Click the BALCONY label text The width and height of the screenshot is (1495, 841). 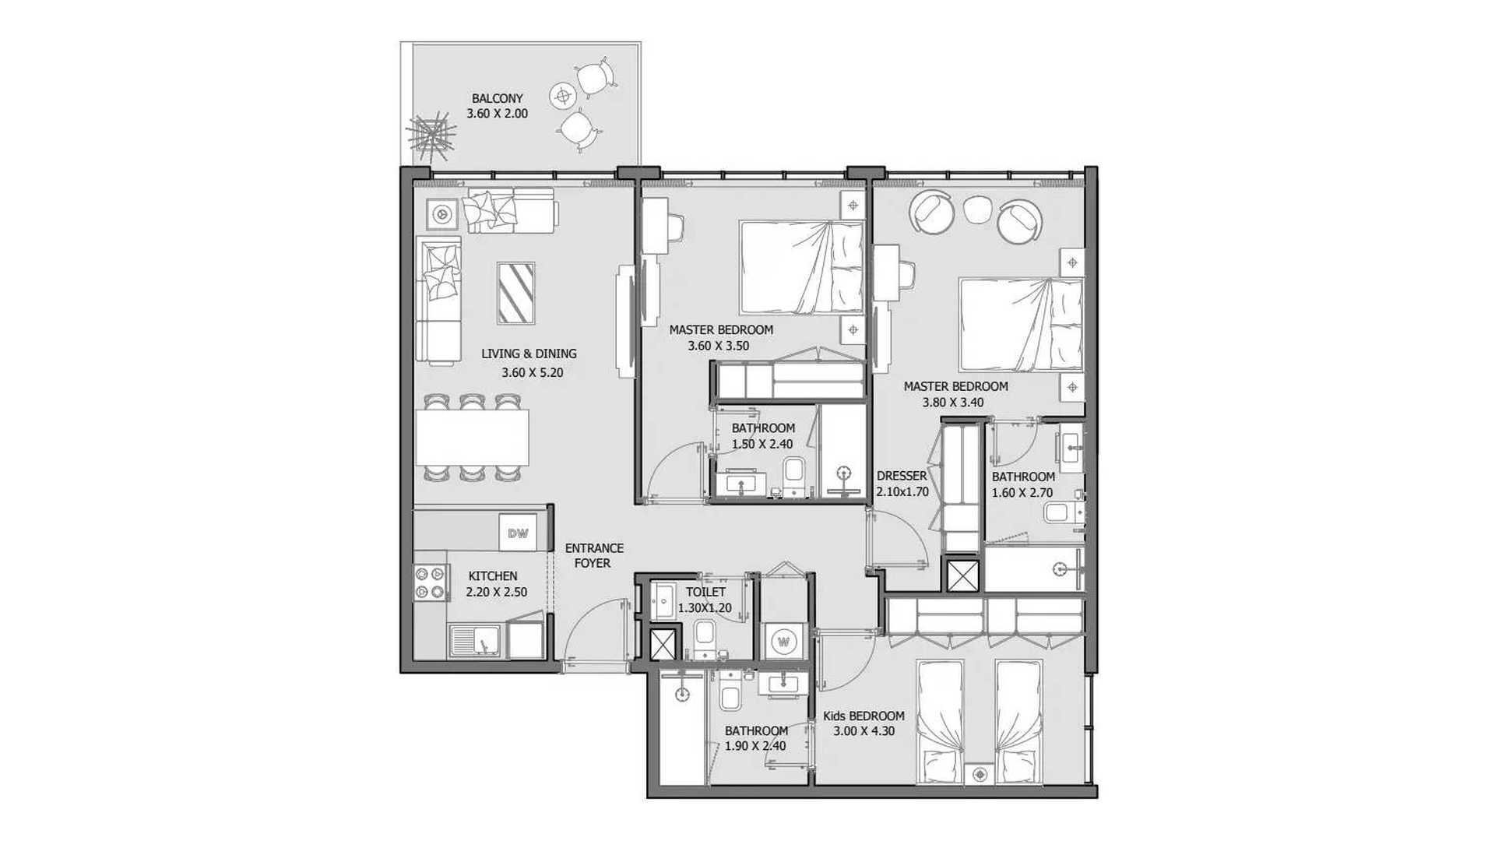(x=497, y=98)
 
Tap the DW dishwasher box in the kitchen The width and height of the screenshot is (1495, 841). (x=518, y=533)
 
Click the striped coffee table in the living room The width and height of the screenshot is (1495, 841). (x=515, y=293)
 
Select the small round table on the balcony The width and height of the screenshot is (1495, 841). (x=562, y=97)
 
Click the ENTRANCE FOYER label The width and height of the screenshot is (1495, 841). (x=594, y=555)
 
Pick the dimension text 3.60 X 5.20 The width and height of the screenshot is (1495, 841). (x=533, y=372)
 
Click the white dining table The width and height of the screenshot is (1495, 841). (x=472, y=437)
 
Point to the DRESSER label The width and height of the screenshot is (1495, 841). (x=902, y=476)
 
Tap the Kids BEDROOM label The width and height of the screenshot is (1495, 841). (x=864, y=716)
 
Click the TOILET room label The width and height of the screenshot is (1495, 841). (x=705, y=592)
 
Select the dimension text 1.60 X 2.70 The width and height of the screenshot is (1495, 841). (x=1022, y=493)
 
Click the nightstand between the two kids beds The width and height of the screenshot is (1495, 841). (x=980, y=774)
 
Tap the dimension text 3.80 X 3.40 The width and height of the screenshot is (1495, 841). (x=953, y=403)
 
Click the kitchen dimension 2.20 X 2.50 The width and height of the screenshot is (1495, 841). (x=496, y=592)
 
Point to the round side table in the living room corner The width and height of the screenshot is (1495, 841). (x=442, y=213)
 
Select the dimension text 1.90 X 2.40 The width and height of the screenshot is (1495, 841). (x=755, y=746)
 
